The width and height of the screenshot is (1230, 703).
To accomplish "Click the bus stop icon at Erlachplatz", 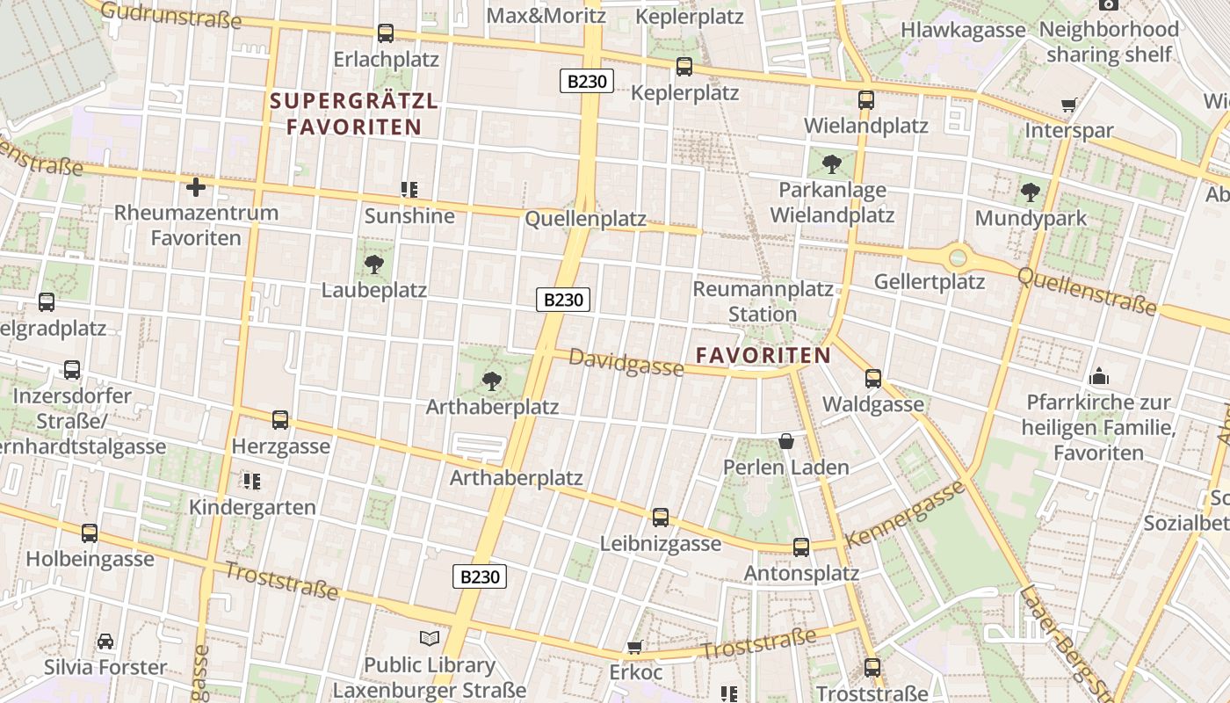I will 385,33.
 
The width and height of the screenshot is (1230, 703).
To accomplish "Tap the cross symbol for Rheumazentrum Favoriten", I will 196,186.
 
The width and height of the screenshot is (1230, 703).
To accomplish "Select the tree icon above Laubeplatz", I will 374,264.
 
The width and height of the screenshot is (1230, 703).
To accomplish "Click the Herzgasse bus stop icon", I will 280,420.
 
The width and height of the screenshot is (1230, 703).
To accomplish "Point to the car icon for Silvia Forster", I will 105,641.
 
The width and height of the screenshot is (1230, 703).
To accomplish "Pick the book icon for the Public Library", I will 430,638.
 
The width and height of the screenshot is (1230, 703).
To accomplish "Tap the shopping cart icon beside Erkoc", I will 634,648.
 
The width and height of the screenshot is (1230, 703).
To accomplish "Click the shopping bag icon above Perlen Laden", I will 786,441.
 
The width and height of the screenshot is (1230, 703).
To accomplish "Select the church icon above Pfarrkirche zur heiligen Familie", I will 1099,377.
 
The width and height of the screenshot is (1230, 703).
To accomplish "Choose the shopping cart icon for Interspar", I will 1069,105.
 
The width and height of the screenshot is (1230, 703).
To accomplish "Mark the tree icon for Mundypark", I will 1031,192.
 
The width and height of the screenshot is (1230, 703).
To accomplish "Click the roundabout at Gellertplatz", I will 958,258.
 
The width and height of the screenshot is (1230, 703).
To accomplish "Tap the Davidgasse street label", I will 626,361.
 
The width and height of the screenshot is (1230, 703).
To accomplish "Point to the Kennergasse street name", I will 905,514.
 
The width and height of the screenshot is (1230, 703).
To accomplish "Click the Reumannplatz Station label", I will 763,301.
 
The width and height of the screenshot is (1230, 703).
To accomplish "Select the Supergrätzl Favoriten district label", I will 353,113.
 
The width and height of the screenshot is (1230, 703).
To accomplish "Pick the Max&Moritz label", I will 546,15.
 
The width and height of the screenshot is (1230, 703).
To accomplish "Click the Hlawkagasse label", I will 963,30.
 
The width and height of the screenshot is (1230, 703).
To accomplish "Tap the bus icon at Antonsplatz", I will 801,547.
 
